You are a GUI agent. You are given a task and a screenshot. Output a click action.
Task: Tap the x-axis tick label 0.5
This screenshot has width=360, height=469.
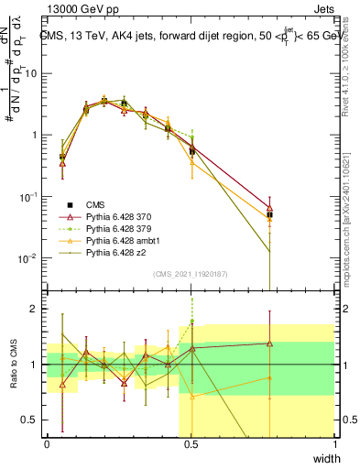coord(191,442)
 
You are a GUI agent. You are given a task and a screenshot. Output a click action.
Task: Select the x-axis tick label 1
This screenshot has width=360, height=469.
coord(334,442)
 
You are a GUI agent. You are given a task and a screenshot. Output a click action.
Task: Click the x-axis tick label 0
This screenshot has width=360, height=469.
coord(47,442)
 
